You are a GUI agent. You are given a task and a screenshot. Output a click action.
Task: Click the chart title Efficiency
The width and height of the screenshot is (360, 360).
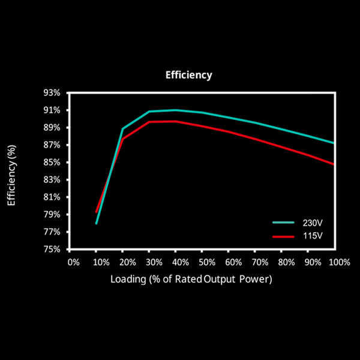click(x=188, y=76)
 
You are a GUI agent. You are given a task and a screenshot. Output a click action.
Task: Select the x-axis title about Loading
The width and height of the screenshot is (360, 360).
click(x=191, y=279)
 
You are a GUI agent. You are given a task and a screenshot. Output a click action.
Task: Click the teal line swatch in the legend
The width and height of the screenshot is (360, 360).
click(x=283, y=222)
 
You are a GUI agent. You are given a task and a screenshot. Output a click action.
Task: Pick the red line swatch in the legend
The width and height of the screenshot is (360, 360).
click(x=283, y=236)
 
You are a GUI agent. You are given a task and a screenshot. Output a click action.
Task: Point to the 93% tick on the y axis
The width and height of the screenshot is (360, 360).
click(x=52, y=93)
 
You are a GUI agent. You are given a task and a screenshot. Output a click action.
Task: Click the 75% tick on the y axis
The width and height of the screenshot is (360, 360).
click(x=52, y=249)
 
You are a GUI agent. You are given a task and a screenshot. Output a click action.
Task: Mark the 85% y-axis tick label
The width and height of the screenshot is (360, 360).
click(x=52, y=163)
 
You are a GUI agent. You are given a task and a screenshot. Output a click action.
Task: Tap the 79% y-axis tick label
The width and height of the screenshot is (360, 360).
click(x=52, y=214)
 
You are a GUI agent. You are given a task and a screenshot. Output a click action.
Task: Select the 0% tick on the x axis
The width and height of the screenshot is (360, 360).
click(x=73, y=262)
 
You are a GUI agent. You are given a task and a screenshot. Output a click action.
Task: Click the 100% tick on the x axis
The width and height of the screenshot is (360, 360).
click(x=340, y=262)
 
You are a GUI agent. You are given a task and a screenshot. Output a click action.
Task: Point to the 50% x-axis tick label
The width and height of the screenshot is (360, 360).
click(x=208, y=262)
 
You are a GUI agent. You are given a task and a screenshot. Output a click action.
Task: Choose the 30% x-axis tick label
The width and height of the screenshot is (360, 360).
click(x=154, y=262)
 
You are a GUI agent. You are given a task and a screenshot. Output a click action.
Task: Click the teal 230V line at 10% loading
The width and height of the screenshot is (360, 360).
click(x=96, y=223)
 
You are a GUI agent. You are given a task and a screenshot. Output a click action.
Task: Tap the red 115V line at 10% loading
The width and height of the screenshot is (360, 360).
click(x=96, y=212)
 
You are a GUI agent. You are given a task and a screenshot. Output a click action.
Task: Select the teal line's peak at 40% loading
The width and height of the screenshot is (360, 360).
click(x=175, y=110)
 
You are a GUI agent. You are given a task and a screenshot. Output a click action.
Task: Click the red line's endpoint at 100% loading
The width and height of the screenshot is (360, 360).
click(x=333, y=164)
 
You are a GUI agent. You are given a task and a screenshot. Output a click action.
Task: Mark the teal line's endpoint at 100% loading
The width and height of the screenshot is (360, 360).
click(x=333, y=143)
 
